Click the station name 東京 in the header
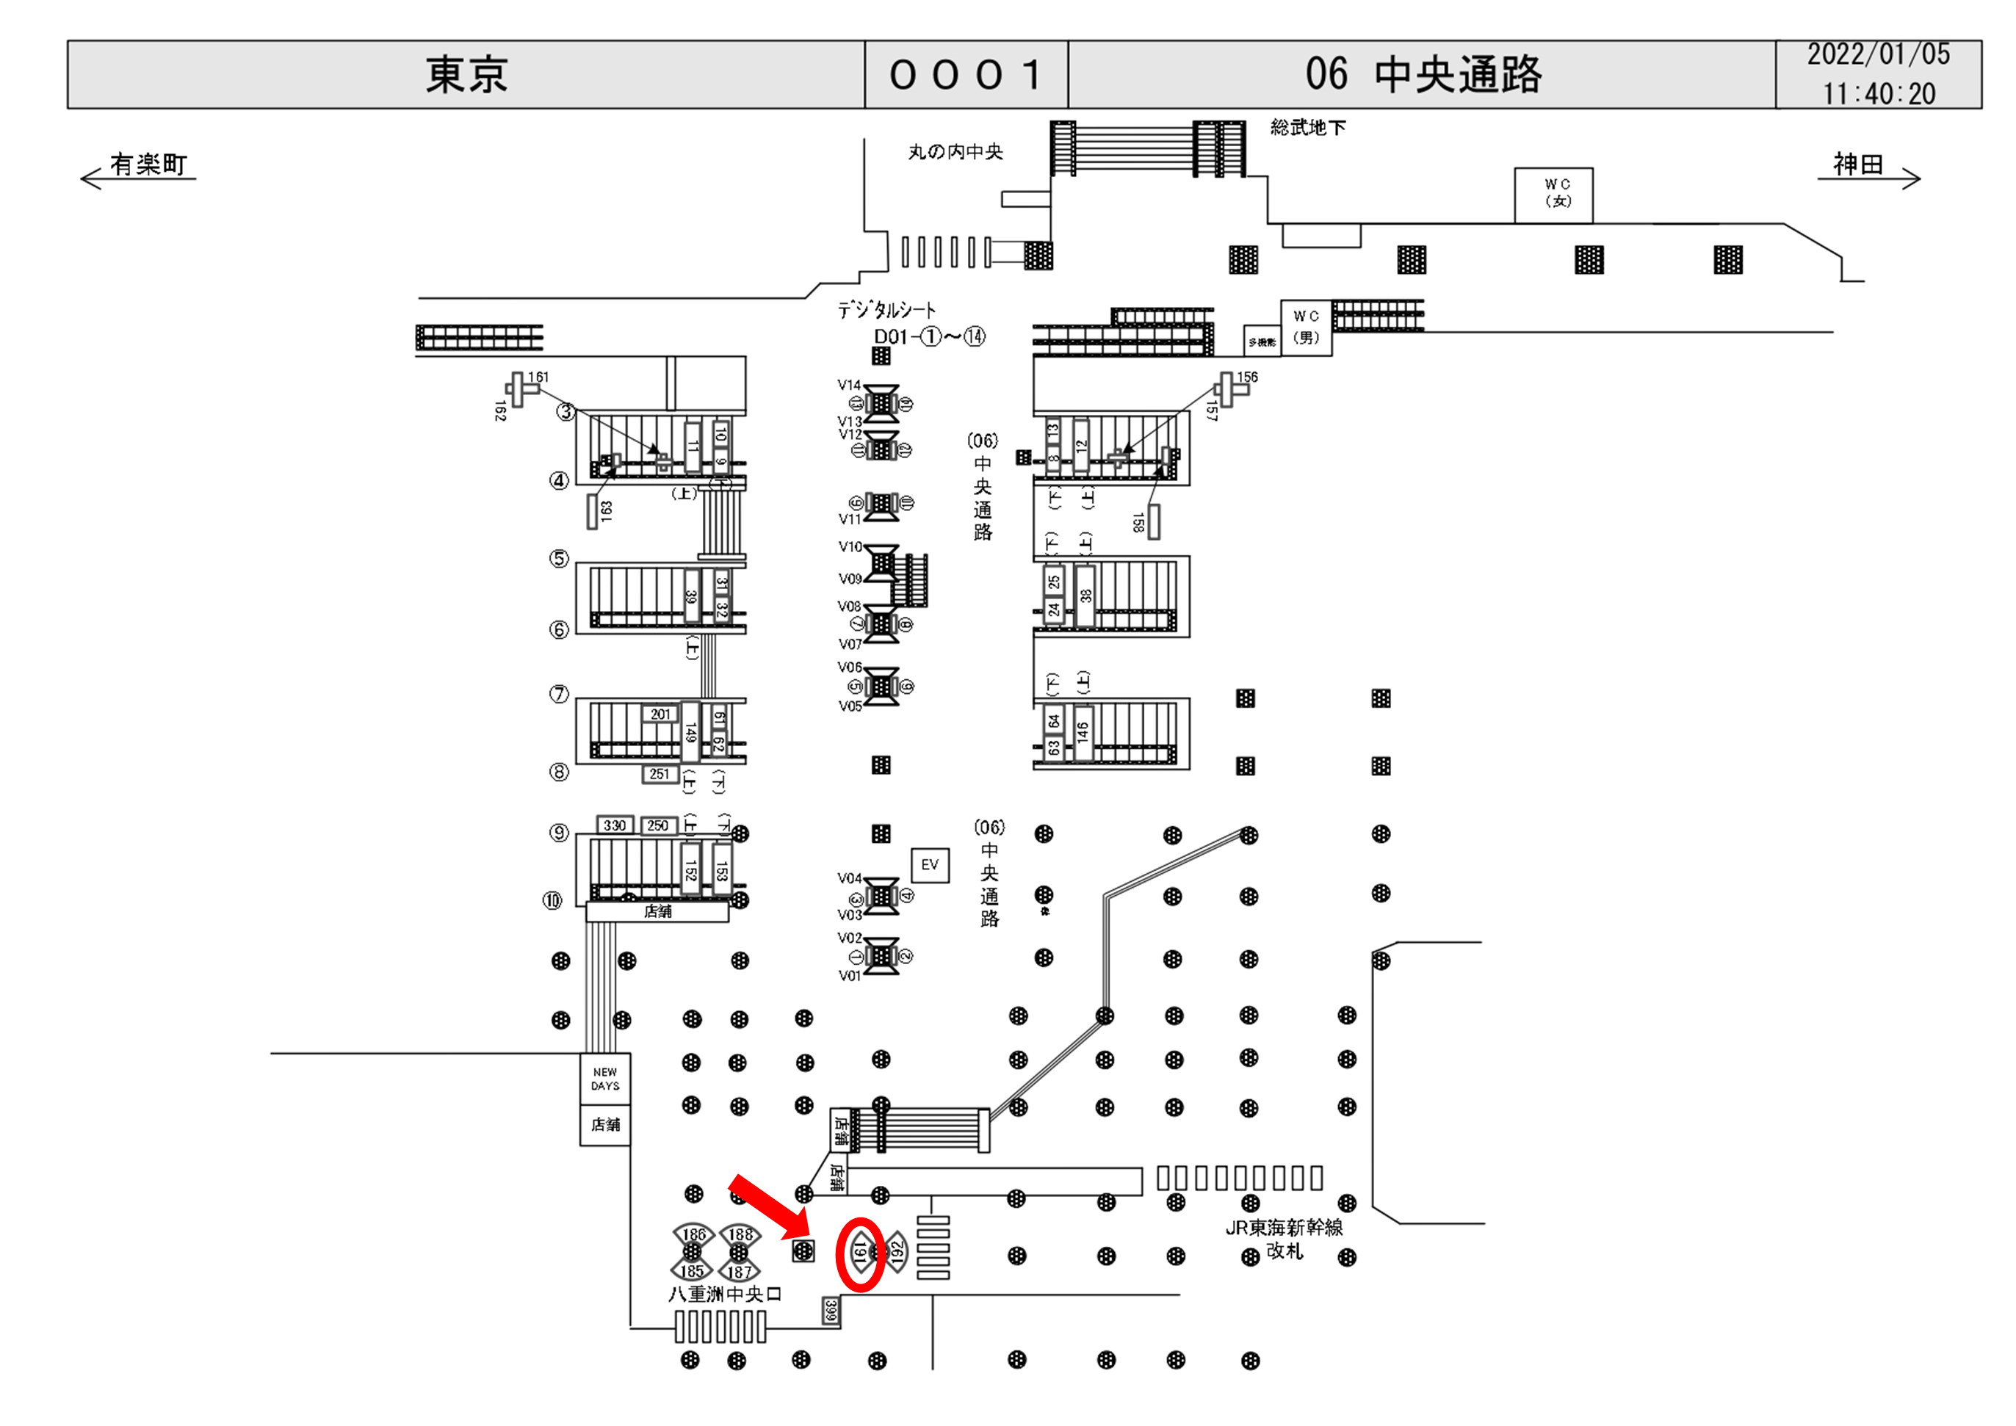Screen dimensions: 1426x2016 click(x=466, y=75)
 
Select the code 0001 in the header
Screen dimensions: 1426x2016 click(x=966, y=75)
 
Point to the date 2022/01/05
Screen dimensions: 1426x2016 click(x=1877, y=54)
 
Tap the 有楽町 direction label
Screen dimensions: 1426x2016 click(x=148, y=164)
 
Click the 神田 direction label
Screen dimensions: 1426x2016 click(x=1857, y=164)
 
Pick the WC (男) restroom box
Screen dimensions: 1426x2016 click(x=1306, y=327)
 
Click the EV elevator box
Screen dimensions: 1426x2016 click(x=929, y=865)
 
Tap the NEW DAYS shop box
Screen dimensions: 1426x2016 click(x=605, y=1079)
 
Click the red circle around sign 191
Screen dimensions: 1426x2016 click(x=859, y=1254)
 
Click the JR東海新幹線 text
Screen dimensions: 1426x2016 click(x=1284, y=1228)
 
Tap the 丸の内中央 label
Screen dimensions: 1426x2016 click(x=955, y=152)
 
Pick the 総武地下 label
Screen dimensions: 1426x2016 click(x=1307, y=129)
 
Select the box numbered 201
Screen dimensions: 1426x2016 click(x=660, y=714)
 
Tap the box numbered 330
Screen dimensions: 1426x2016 click(x=615, y=825)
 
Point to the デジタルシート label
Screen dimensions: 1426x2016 click(x=886, y=310)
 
